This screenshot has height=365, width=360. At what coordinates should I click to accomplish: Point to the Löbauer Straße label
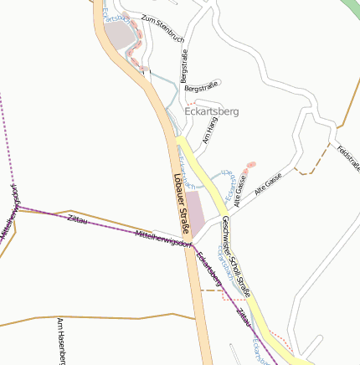pyautogui.click(x=182, y=204)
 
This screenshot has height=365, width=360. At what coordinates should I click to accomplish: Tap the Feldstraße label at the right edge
pyautogui.click(x=349, y=158)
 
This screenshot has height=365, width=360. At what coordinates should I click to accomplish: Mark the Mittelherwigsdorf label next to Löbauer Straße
pyautogui.click(x=164, y=239)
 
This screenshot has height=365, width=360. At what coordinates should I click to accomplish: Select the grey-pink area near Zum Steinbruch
pyautogui.click(x=119, y=35)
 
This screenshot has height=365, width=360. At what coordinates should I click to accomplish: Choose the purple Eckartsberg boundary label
pyautogui.click(x=208, y=267)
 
